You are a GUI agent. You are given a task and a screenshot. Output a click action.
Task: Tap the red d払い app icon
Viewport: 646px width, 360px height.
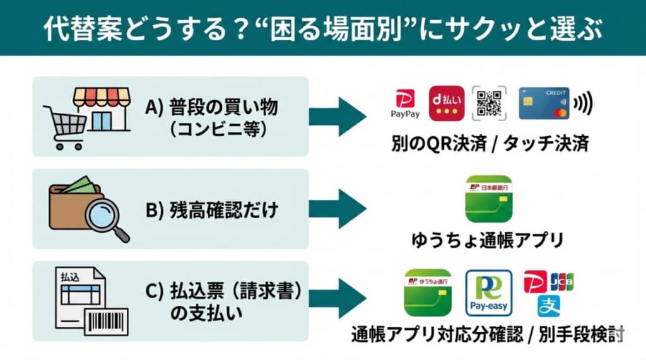coord(447,103)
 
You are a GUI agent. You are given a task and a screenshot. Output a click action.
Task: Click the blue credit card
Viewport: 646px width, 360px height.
coord(544,103)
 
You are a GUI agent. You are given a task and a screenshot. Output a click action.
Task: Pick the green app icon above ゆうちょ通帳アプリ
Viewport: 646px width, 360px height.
coord(488,199)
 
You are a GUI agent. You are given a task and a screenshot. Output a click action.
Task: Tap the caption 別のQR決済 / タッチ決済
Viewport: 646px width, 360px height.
coord(489,144)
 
